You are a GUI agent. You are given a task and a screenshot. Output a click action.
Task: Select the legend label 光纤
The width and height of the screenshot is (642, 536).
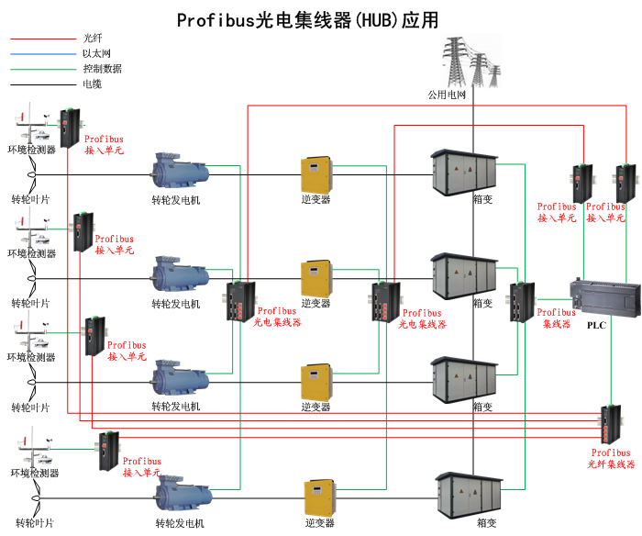tap(92, 39)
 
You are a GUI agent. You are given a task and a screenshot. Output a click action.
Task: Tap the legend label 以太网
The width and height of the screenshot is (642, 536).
tap(96, 54)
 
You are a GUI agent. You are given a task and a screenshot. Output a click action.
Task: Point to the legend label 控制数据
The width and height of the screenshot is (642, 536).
tap(102, 69)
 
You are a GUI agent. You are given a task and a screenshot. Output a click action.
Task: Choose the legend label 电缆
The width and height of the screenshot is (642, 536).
tap(92, 84)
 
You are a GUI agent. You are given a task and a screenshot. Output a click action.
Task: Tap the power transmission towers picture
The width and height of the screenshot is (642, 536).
tap(472, 61)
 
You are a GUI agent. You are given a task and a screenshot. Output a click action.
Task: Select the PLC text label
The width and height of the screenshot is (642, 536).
tap(596, 325)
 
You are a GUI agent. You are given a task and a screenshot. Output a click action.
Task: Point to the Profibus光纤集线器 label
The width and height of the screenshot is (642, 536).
tap(611, 458)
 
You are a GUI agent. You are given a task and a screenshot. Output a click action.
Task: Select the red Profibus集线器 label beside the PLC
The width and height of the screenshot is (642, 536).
tap(557, 318)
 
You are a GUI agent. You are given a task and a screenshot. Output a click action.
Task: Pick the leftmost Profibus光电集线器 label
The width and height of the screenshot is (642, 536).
tap(276, 317)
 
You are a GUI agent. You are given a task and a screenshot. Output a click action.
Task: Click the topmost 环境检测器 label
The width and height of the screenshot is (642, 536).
tap(31, 149)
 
